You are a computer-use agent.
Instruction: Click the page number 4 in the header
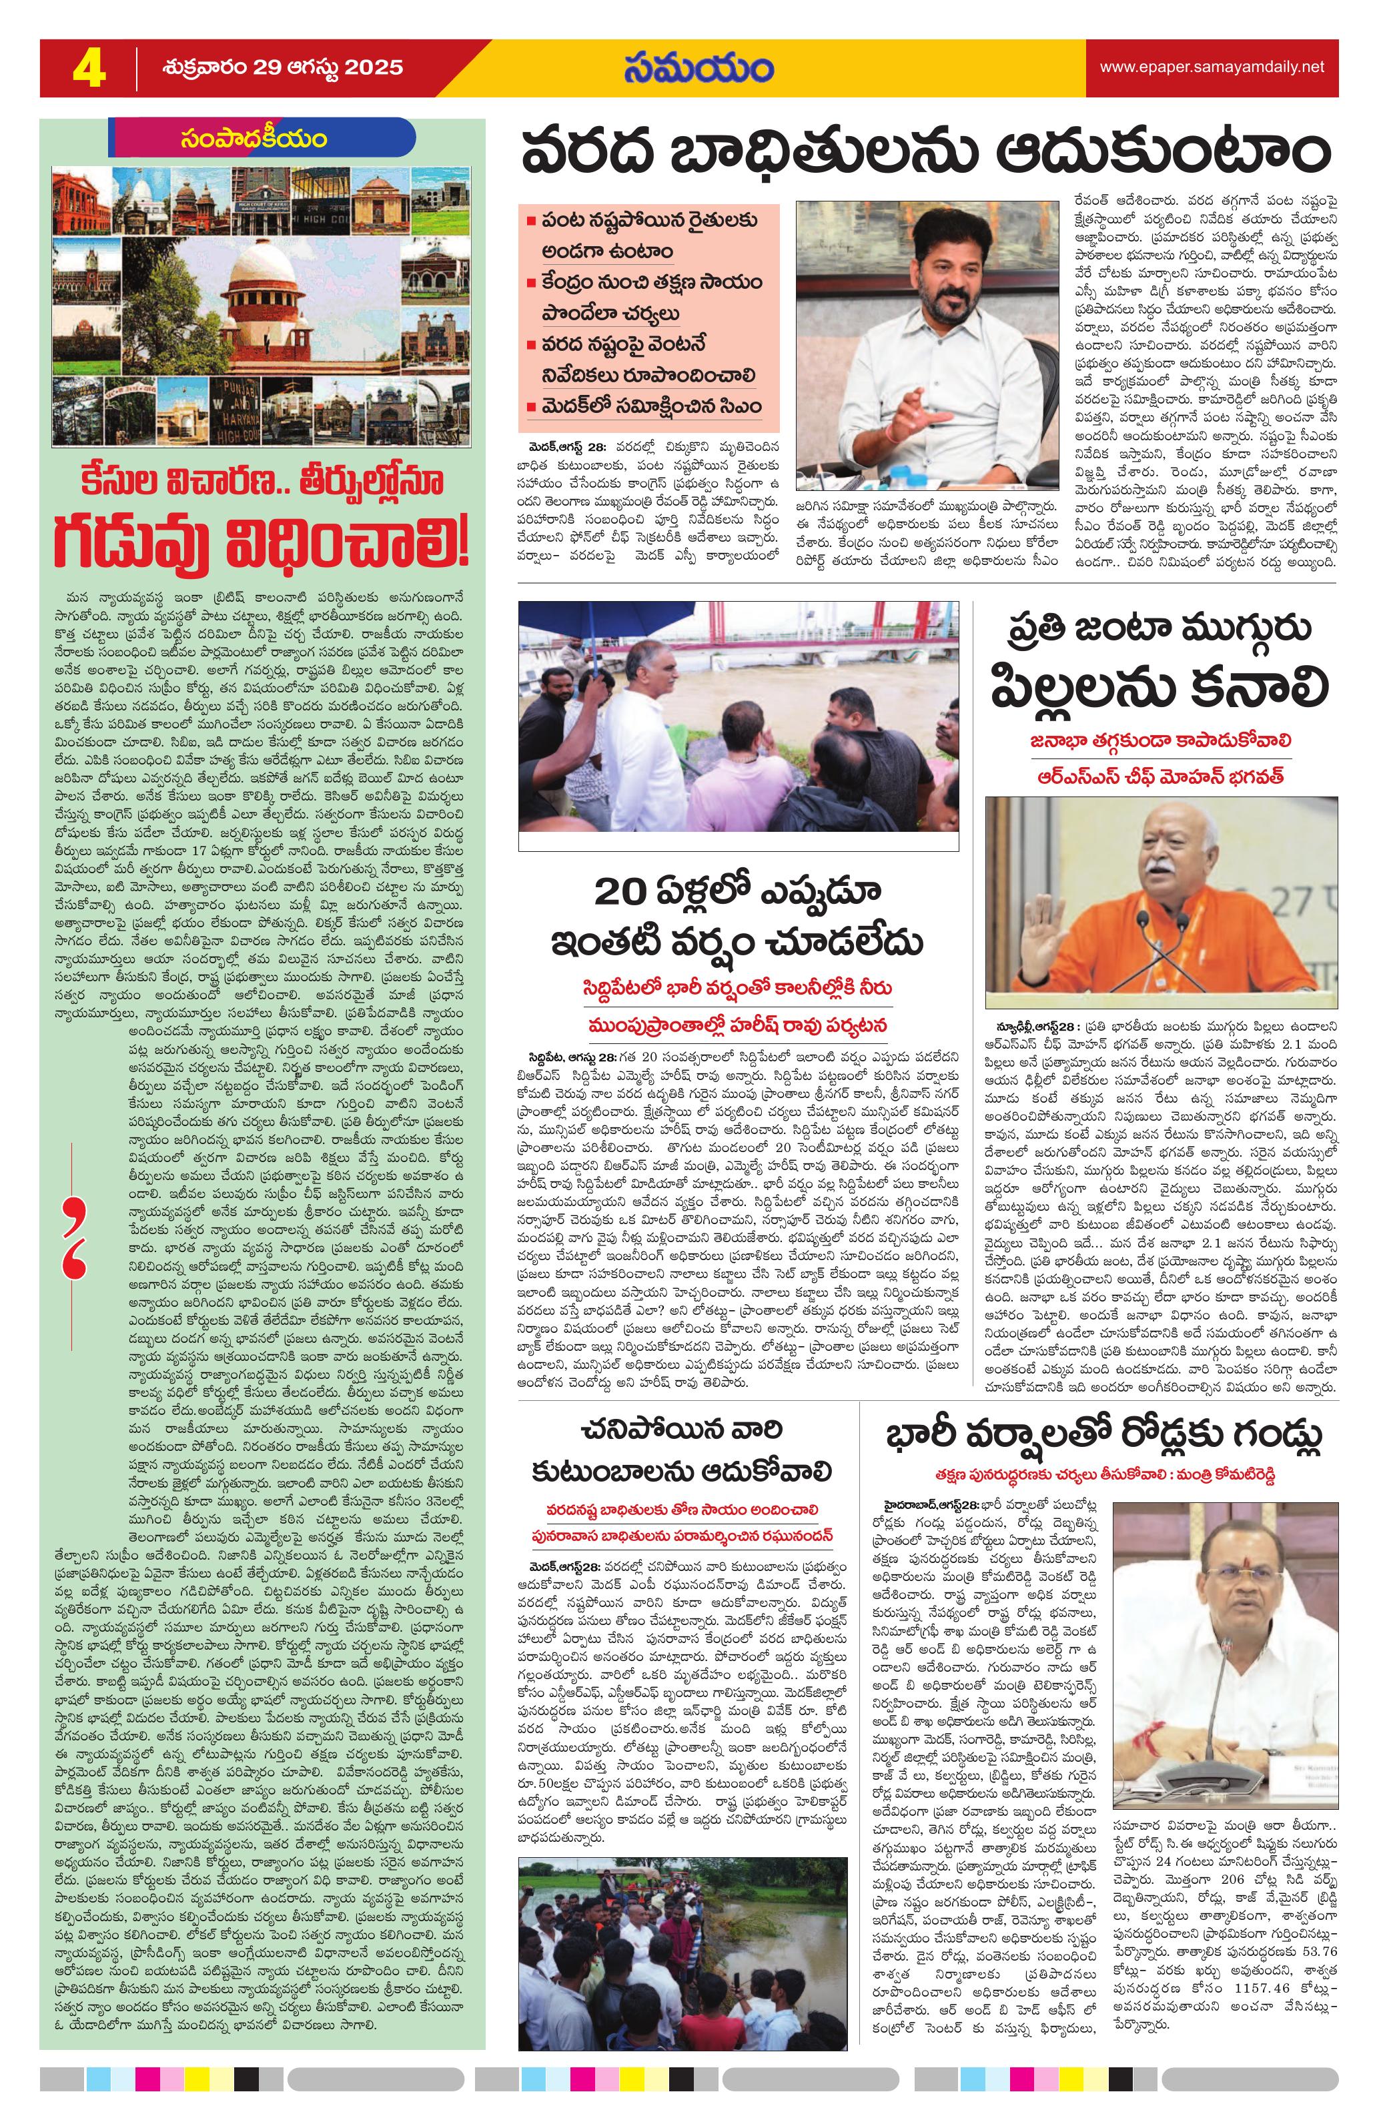[89, 68]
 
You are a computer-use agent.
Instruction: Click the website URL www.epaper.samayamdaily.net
[1211, 67]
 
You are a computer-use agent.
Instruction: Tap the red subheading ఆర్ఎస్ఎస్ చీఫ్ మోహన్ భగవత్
[1160, 775]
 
